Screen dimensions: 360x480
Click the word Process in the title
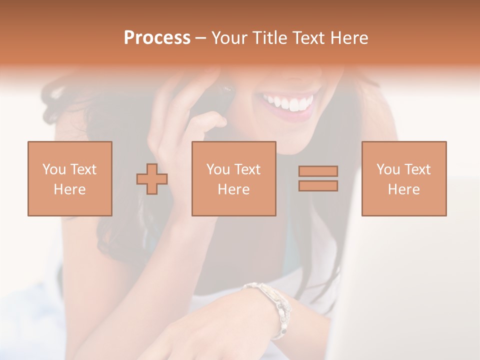pos(157,38)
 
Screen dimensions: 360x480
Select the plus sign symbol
pos(152,179)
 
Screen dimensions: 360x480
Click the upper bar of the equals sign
pos(318,171)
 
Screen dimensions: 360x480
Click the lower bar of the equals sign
pos(318,186)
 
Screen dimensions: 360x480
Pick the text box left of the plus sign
pos(70,178)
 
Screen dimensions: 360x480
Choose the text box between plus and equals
pos(233,178)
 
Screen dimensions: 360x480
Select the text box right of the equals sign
pos(403,178)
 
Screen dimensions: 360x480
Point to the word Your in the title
pos(229,38)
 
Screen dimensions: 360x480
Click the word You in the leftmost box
pos(53,169)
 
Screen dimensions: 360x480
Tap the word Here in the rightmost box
pos(403,189)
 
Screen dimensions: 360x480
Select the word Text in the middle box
pos(247,169)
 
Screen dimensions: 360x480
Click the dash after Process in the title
pos(201,38)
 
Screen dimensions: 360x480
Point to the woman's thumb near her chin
pos(210,122)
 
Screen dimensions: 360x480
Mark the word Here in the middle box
pos(233,189)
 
